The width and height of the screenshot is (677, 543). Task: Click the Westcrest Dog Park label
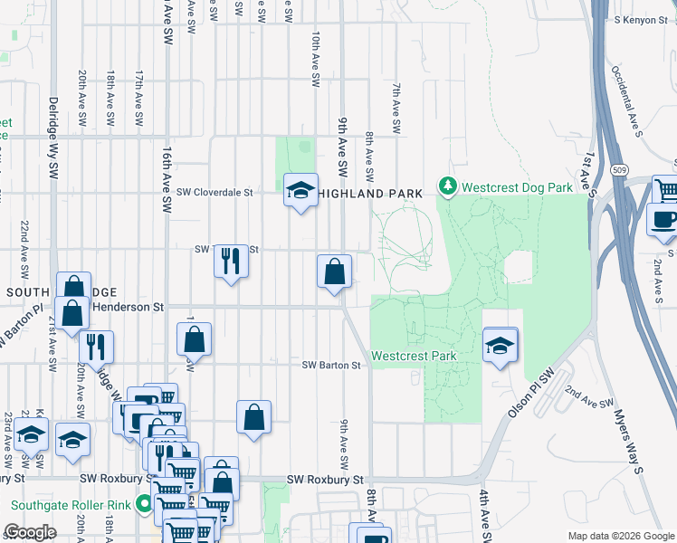(x=517, y=187)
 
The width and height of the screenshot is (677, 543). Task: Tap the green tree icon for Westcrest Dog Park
(x=446, y=186)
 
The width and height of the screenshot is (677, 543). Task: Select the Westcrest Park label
(x=414, y=357)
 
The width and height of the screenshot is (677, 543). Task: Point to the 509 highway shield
(x=619, y=169)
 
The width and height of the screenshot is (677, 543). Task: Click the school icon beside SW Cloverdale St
(x=301, y=190)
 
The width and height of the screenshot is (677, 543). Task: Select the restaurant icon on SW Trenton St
(x=231, y=261)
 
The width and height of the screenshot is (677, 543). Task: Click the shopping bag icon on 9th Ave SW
(x=334, y=271)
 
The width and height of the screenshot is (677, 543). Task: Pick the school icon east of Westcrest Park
(x=501, y=345)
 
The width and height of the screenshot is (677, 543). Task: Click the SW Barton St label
(x=331, y=366)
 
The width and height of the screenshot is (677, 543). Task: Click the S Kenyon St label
(x=639, y=19)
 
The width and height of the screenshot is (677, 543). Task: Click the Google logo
(x=31, y=531)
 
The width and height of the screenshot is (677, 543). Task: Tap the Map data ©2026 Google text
(x=620, y=536)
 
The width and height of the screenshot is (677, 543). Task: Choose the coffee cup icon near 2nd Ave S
(x=663, y=220)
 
